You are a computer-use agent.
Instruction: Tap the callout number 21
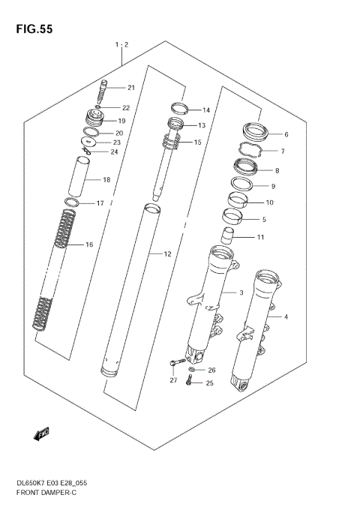[130, 88]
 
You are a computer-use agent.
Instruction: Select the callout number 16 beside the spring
[88, 244]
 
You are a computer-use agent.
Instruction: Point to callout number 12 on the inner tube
[167, 254]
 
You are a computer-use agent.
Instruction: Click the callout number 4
[286, 316]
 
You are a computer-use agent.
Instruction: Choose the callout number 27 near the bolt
[172, 380]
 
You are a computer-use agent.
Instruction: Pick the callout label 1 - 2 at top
[122, 46]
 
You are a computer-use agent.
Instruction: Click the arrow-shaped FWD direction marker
[41, 433]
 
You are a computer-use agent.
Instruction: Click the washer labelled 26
[193, 370]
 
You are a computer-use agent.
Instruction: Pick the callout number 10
[270, 202]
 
